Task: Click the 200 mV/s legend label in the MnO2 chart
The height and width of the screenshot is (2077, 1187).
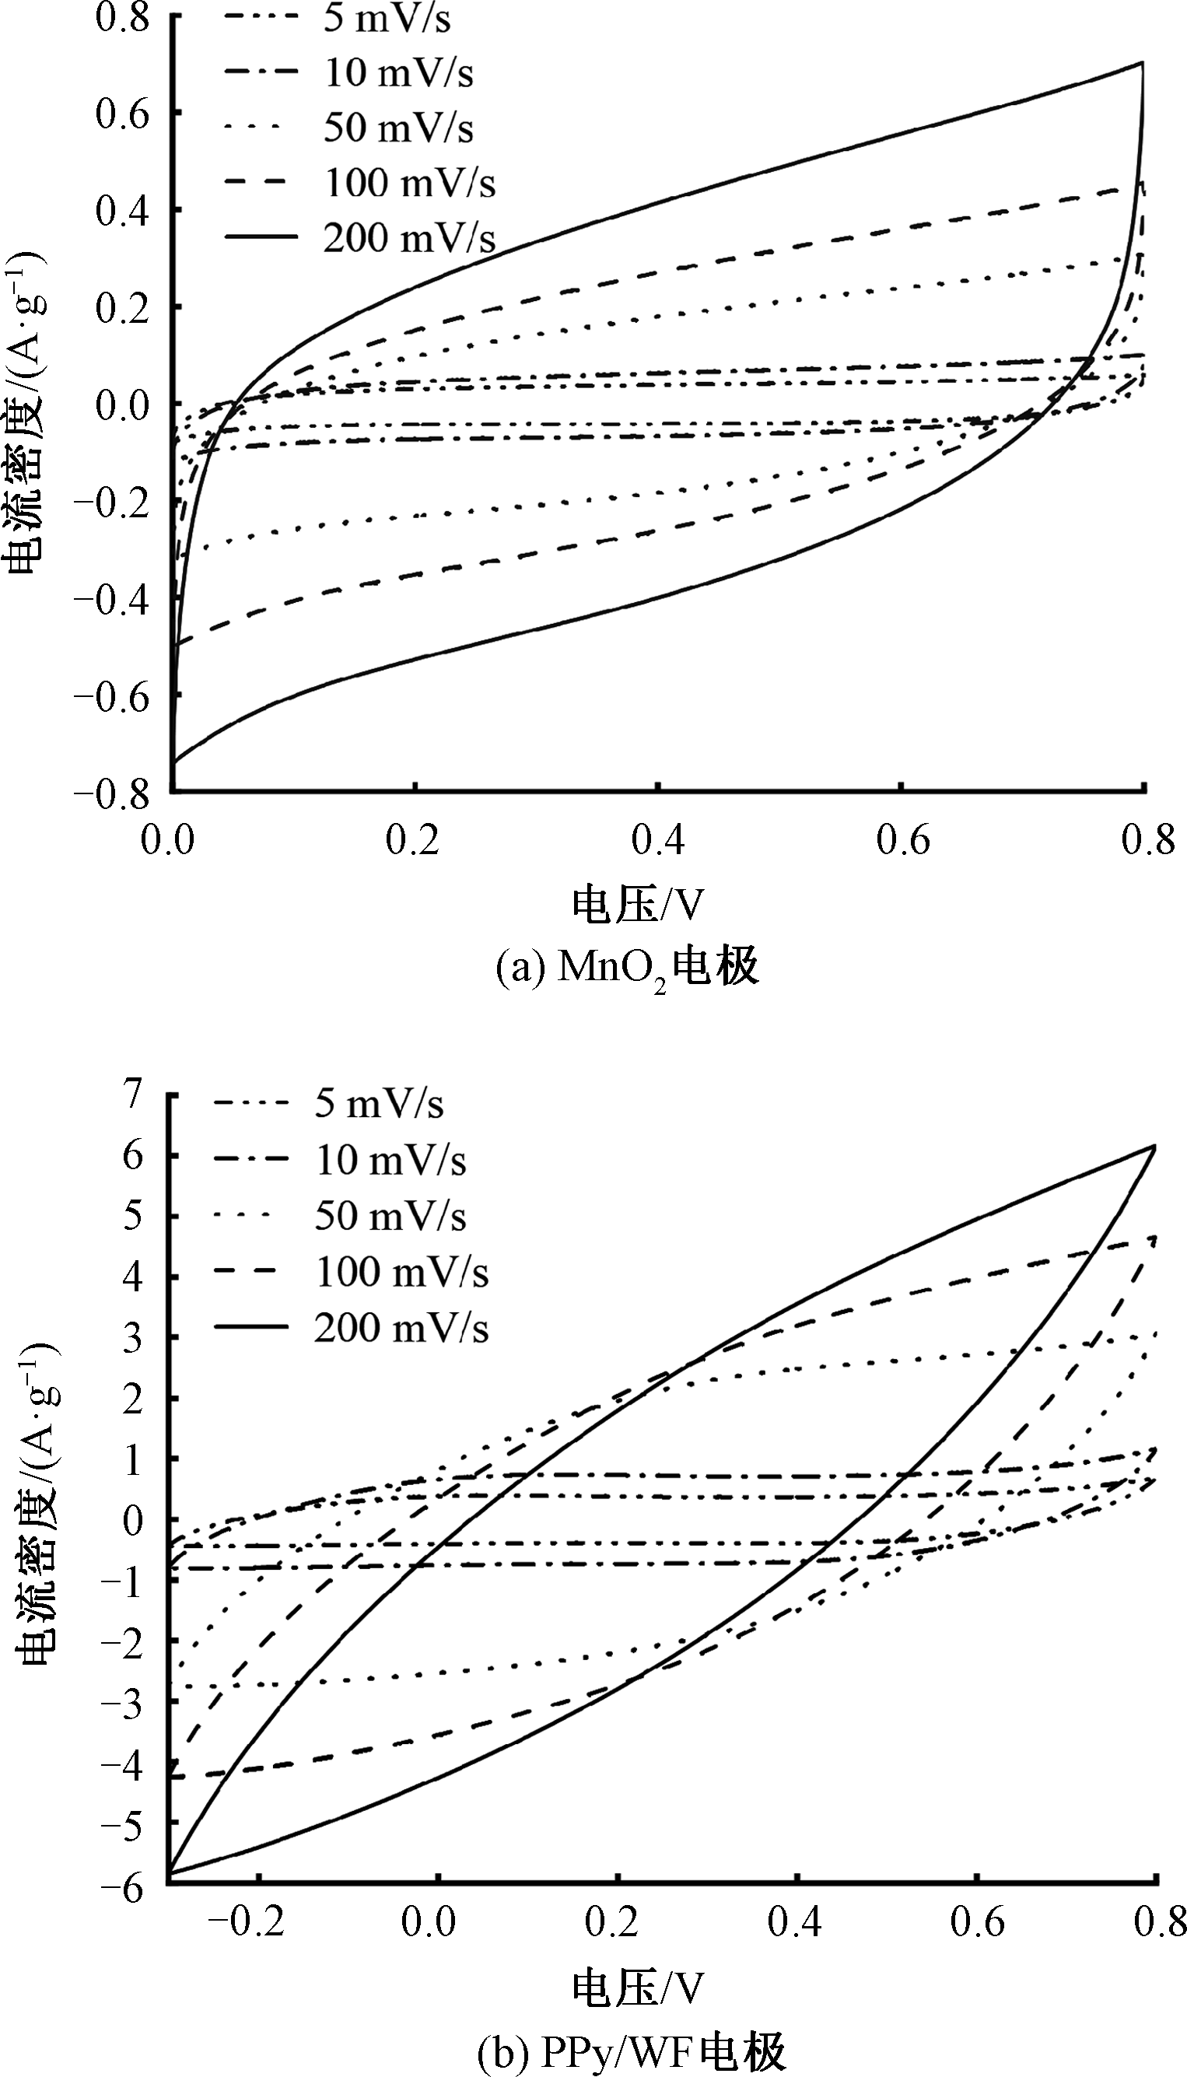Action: (x=409, y=237)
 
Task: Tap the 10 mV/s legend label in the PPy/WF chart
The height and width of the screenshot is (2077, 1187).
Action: (x=390, y=1160)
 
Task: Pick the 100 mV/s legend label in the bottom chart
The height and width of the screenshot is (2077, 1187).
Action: (x=402, y=1272)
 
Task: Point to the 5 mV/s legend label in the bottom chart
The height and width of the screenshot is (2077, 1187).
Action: (x=379, y=1104)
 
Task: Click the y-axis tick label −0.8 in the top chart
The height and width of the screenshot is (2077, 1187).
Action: (x=112, y=793)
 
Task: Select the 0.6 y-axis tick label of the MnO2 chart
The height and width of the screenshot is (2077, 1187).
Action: (x=122, y=114)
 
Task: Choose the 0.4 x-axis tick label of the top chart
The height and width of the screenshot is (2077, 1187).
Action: (x=658, y=839)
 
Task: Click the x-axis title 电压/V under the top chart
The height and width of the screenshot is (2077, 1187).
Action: (x=637, y=904)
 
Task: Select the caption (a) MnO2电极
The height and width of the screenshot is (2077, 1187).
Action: (x=628, y=968)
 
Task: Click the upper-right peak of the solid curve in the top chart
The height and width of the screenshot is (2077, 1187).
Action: (x=1142, y=62)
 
